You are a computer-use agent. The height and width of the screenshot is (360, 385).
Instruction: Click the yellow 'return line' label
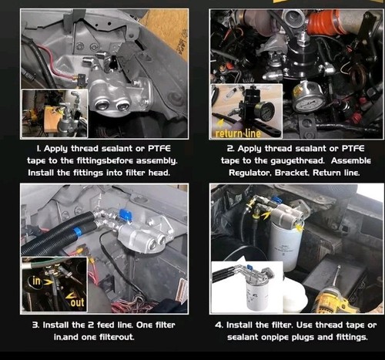(236, 133)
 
